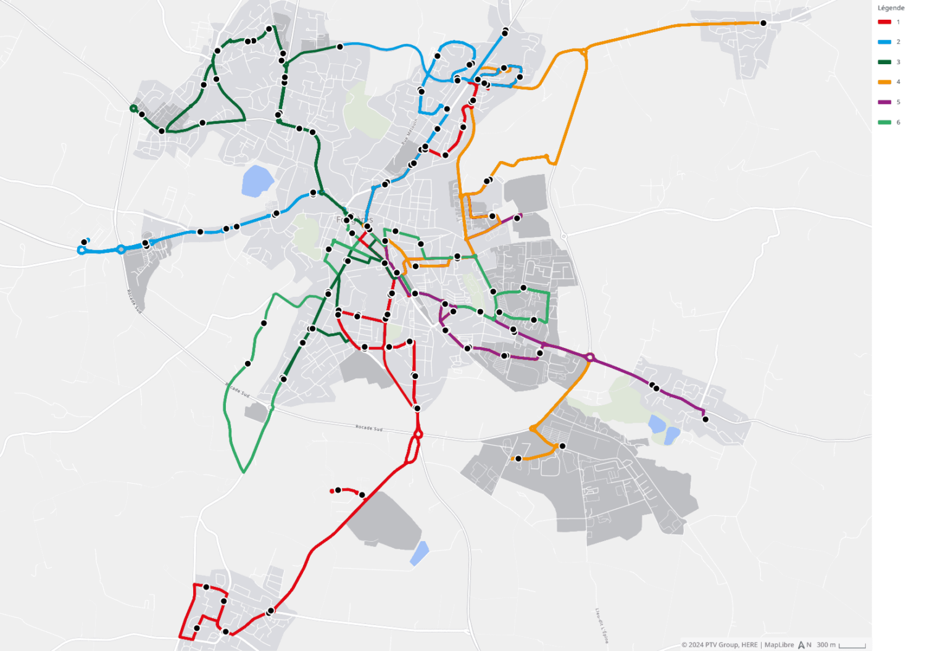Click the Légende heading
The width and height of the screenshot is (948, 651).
pyautogui.click(x=891, y=8)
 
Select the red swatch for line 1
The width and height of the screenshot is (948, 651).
pyautogui.click(x=884, y=22)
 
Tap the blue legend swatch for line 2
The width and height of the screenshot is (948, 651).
pyautogui.click(x=884, y=42)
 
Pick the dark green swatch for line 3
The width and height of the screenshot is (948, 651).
pyautogui.click(x=884, y=62)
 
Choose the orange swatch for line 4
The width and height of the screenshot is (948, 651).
pyautogui.click(x=884, y=82)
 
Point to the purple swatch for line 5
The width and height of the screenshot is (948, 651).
pyautogui.click(x=884, y=102)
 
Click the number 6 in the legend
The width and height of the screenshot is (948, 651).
pyautogui.click(x=898, y=122)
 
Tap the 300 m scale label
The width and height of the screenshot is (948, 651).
pyautogui.click(x=826, y=645)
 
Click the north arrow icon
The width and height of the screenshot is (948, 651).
pyautogui.click(x=802, y=645)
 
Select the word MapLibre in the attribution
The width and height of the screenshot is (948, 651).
pyautogui.click(x=779, y=645)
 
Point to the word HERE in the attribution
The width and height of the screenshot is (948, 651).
pyautogui.click(x=749, y=645)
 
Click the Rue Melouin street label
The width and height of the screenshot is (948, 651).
pyautogui.click(x=409, y=131)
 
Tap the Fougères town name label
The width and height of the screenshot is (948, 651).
pyautogui.click(x=355, y=220)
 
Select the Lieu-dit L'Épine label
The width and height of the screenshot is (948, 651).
pyautogui.click(x=602, y=625)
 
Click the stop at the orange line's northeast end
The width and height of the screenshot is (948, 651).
pyautogui.click(x=763, y=23)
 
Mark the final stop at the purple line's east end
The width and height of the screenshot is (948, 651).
pyautogui.click(x=705, y=420)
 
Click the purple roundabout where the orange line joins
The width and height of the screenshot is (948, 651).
pyautogui.click(x=590, y=357)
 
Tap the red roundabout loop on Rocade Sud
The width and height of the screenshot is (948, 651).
pyautogui.click(x=418, y=435)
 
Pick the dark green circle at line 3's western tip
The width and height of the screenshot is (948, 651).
pyautogui.click(x=133, y=109)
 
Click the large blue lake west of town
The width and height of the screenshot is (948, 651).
pyautogui.click(x=257, y=180)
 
